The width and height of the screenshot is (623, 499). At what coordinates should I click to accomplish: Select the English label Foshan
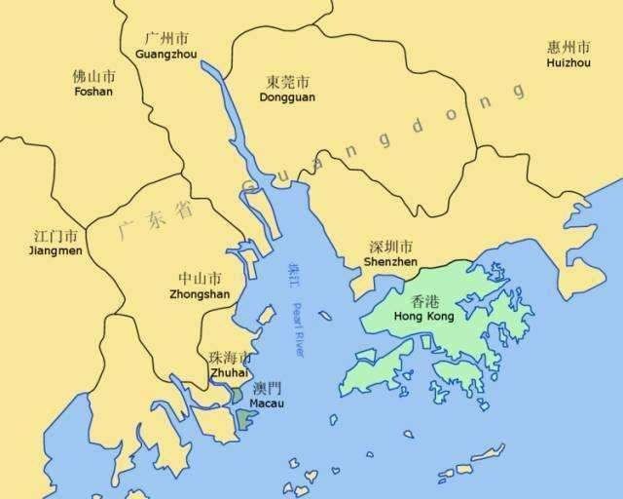click(93, 92)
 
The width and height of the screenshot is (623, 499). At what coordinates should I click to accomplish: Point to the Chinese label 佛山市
click(93, 76)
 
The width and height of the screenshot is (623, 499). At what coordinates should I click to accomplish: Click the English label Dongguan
click(287, 97)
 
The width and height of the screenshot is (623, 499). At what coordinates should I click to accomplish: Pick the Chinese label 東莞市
click(287, 82)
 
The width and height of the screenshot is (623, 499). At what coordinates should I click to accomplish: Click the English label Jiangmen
click(56, 250)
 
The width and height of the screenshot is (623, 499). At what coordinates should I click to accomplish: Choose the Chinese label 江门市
click(56, 235)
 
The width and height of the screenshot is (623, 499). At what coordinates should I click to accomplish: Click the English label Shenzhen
click(390, 262)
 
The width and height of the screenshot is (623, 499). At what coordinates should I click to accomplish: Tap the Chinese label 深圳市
click(390, 247)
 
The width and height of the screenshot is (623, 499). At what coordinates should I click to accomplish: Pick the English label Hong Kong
click(424, 318)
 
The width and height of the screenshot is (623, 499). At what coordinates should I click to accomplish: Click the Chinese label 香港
click(424, 302)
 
